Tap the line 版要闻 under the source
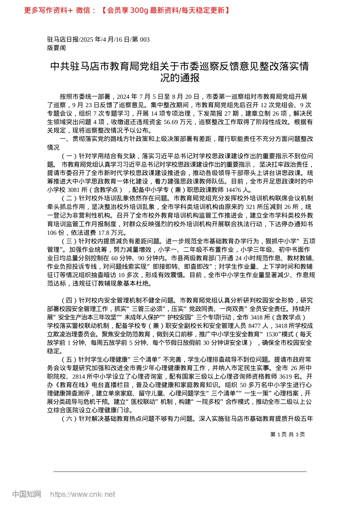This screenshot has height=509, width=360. coord(56,48)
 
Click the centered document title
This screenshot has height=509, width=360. coord(180,72)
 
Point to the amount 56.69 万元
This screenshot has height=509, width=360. coord(180,122)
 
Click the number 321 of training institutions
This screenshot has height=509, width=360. coord(251,207)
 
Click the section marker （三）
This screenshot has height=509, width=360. coord(69,241)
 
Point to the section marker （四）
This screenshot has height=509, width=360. coord(69,300)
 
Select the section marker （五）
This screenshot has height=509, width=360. coord(69,359)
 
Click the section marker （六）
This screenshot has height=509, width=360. coord(69,419)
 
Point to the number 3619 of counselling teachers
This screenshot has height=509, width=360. coord(285,376)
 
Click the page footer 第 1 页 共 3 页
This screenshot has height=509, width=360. coord(287,434)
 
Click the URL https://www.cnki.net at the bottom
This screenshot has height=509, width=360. coord(83,494)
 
